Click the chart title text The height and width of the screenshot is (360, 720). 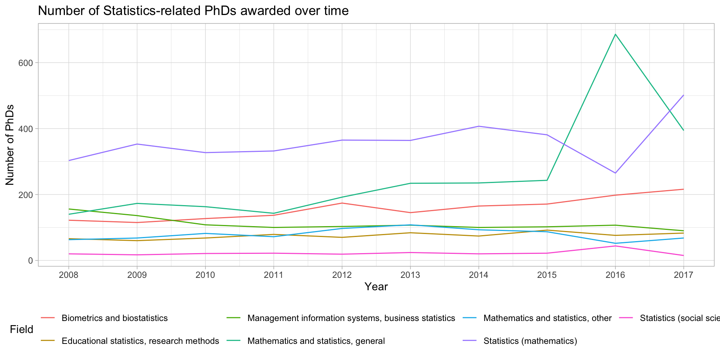(x=193, y=11)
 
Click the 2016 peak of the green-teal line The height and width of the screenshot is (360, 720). (x=615, y=34)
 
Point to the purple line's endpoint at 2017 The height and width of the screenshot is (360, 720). (x=684, y=95)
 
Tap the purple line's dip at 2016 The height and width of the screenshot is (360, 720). (x=615, y=173)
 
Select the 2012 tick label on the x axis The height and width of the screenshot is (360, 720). (x=342, y=275)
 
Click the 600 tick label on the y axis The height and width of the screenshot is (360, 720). (x=26, y=63)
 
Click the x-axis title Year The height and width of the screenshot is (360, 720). (x=376, y=287)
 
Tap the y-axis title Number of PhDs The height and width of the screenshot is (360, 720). (x=10, y=145)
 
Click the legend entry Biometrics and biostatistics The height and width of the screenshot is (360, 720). (x=114, y=318)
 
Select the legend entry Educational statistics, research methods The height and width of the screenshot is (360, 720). (x=140, y=341)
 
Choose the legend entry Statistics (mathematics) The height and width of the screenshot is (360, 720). (x=530, y=341)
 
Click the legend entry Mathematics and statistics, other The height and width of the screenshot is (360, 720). (x=547, y=318)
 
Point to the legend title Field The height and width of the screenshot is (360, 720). (x=21, y=330)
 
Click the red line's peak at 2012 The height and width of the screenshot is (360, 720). (x=342, y=203)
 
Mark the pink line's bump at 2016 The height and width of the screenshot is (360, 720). (x=615, y=246)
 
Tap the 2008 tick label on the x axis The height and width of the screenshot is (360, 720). (x=69, y=275)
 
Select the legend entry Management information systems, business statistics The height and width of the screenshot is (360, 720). (x=351, y=318)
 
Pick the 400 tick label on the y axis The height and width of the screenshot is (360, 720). (x=26, y=129)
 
